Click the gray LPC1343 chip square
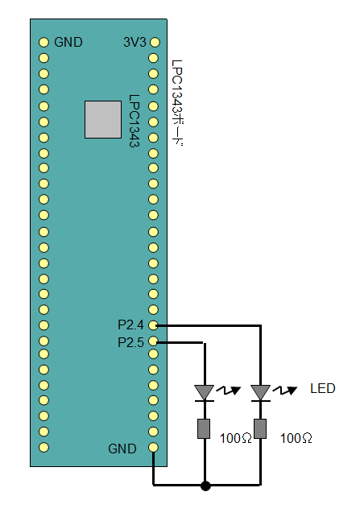coord(103,119)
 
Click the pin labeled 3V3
coord(155,42)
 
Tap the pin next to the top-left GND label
coord(43,42)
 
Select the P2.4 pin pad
coord(153,325)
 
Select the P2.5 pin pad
coord(153,341)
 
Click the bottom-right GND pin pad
coord(153,447)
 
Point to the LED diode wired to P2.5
coord(204,393)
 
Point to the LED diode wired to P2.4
coord(261,393)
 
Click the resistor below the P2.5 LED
coord(204,428)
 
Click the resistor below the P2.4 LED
coord(260,428)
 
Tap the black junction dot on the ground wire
coord(205,486)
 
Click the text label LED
coord(322,388)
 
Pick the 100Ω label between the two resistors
coord(236,438)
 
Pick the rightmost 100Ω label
coord(296,438)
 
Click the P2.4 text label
coord(130,325)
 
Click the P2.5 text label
coord(130,342)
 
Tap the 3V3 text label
coord(134,42)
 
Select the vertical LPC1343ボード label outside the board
coord(177,103)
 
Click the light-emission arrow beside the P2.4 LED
coord(285,391)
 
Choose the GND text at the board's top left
coord(68,42)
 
